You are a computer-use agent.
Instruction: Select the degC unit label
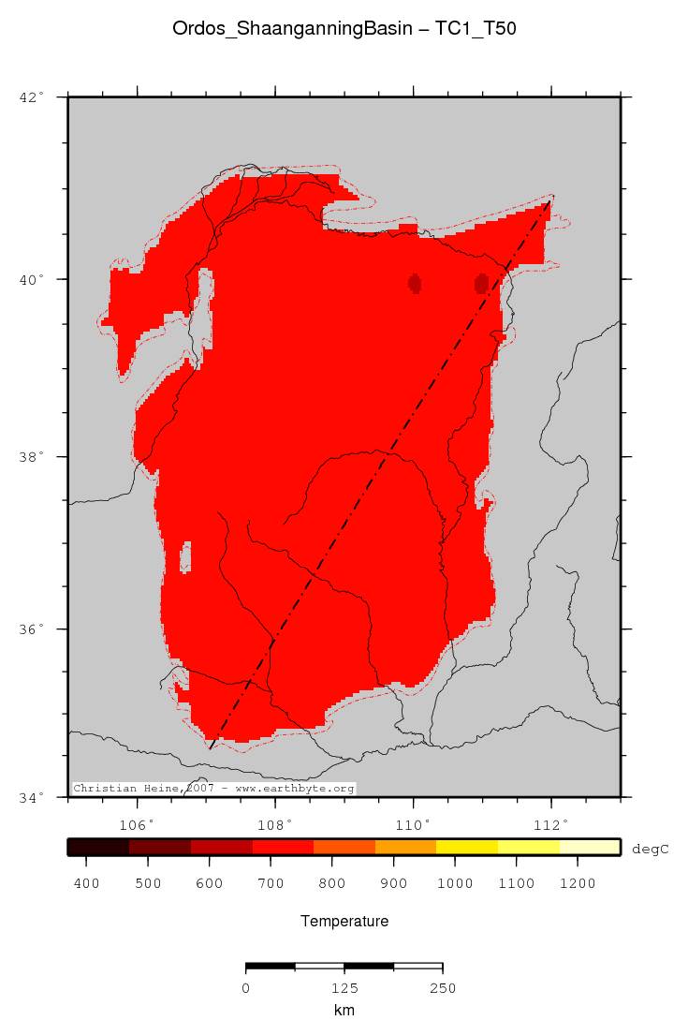pos(650,848)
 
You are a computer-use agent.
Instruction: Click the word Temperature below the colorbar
pos(344,922)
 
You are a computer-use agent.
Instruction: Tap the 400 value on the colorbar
pos(87,883)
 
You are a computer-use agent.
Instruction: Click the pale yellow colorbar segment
pos(589,848)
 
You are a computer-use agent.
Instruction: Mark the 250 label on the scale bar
pos(442,987)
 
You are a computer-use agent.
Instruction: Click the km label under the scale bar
pos(344,1010)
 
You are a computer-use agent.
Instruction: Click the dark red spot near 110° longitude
pos(415,283)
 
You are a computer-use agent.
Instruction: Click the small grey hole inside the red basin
pos(185,557)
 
